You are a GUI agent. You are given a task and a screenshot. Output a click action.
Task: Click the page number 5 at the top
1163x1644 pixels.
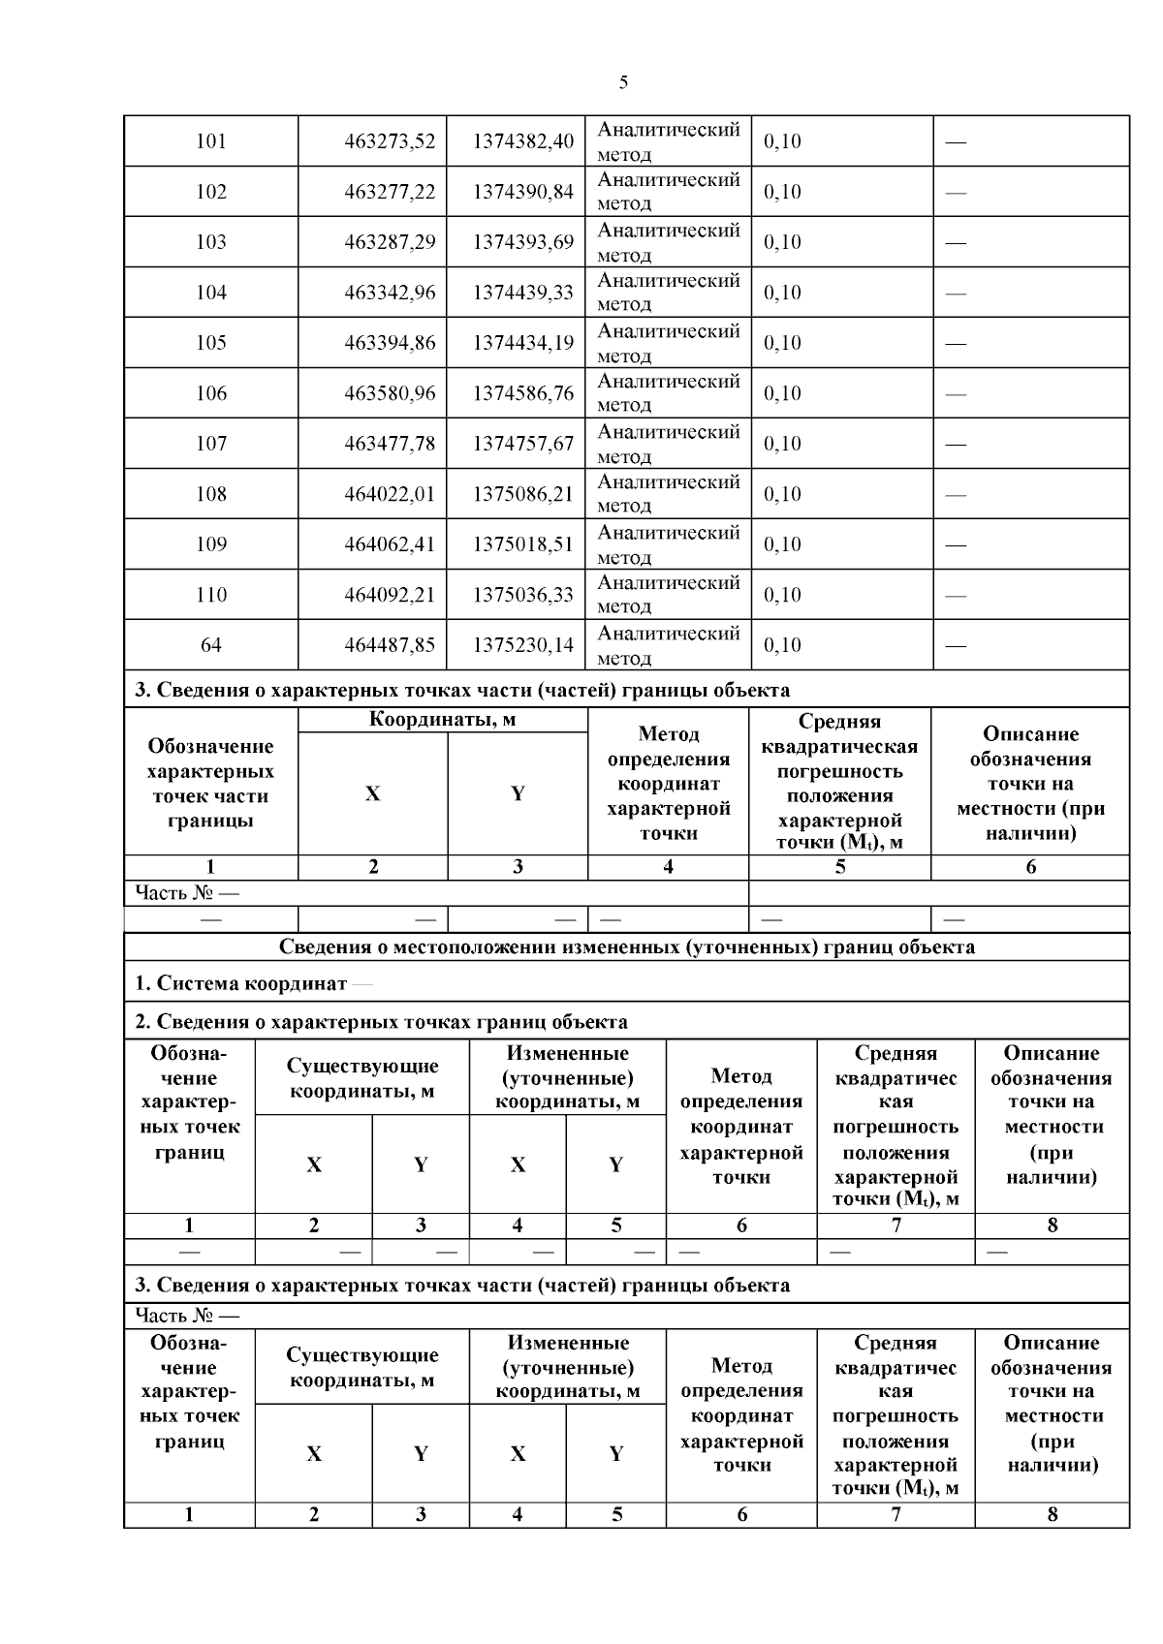[x=623, y=82]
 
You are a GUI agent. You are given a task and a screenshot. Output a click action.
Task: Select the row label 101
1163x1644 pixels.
[x=210, y=141]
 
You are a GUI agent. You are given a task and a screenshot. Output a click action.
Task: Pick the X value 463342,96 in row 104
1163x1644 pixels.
[x=390, y=293]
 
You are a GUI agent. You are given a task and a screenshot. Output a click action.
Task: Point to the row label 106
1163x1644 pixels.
[x=210, y=393]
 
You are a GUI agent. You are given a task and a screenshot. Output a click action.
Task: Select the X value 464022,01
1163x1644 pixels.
[x=390, y=494]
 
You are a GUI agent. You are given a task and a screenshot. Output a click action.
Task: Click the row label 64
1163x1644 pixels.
[x=210, y=645]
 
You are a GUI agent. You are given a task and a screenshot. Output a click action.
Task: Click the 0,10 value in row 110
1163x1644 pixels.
[x=782, y=595]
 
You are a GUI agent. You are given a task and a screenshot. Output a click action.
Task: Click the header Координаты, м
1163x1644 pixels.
[x=442, y=720]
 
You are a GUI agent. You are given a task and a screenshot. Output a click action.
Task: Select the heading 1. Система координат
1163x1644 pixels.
[x=240, y=984]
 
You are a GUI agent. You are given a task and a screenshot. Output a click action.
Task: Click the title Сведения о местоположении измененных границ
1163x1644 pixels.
[x=626, y=947]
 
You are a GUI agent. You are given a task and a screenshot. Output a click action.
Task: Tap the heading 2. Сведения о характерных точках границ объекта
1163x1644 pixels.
[x=381, y=1022]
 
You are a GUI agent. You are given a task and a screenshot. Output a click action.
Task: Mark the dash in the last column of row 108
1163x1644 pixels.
[x=956, y=495]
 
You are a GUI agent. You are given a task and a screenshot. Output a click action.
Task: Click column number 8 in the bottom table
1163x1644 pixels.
[x=1053, y=1514]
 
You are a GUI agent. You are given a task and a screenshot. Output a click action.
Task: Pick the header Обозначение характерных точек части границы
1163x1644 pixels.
[x=210, y=783]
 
